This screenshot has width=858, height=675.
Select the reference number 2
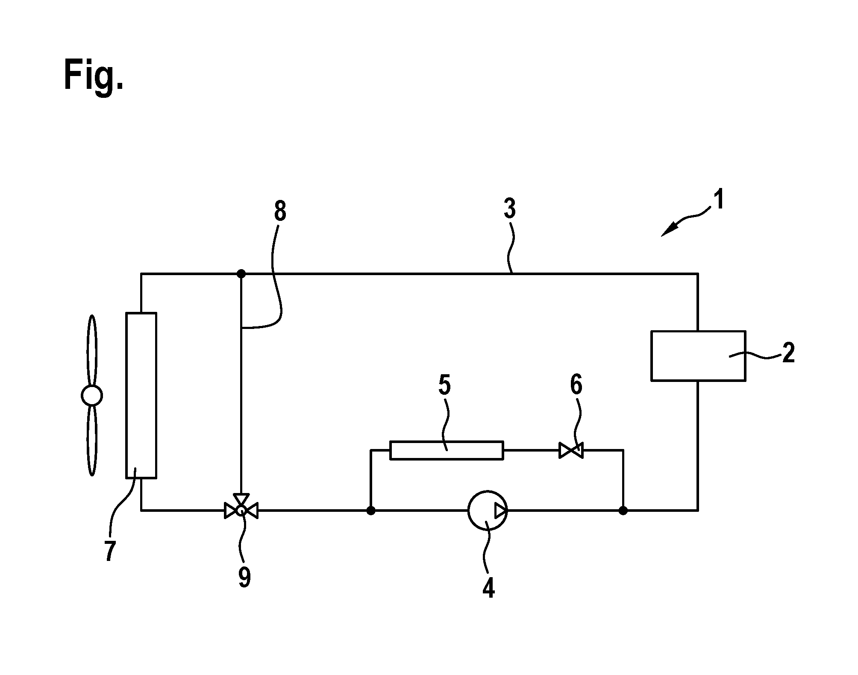(788, 353)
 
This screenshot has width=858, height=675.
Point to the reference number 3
(510, 208)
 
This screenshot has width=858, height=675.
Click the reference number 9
(244, 578)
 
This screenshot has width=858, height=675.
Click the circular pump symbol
(488, 510)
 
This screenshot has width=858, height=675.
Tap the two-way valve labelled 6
(571, 451)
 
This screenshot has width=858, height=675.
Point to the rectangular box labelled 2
(698, 355)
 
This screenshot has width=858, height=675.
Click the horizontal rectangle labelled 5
(447, 450)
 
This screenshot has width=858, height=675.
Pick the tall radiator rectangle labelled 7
(141, 395)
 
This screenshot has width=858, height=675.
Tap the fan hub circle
(92, 395)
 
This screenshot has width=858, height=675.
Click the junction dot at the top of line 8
(241, 273)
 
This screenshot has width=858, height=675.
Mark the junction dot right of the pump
(623, 510)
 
